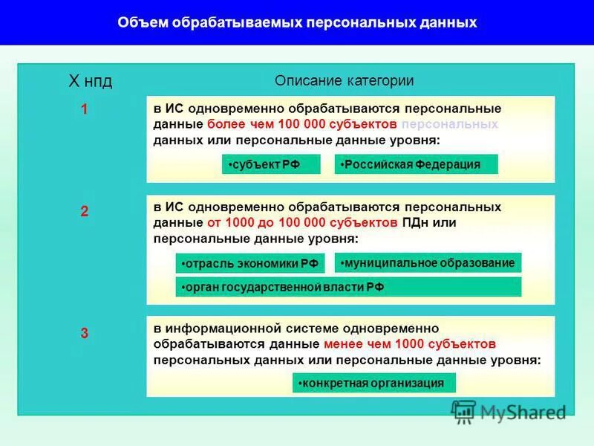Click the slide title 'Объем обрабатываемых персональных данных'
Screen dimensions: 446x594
click(x=297, y=23)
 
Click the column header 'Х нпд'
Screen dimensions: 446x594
click(x=91, y=81)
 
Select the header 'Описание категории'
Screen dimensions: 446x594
click(x=344, y=81)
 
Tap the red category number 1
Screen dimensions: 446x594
click(x=85, y=109)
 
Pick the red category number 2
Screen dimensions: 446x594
click(x=85, y=212)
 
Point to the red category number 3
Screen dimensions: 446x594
click(x=85, y=334)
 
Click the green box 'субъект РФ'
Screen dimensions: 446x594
click(x=271, y=164)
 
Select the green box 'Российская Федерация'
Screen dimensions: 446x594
click(x=416, y=164)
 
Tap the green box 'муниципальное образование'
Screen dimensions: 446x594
click(x=428, y=262)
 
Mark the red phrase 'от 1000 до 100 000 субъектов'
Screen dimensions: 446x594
click(x=303, y=222)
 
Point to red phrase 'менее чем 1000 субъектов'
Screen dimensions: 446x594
click(x=409, y=344)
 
